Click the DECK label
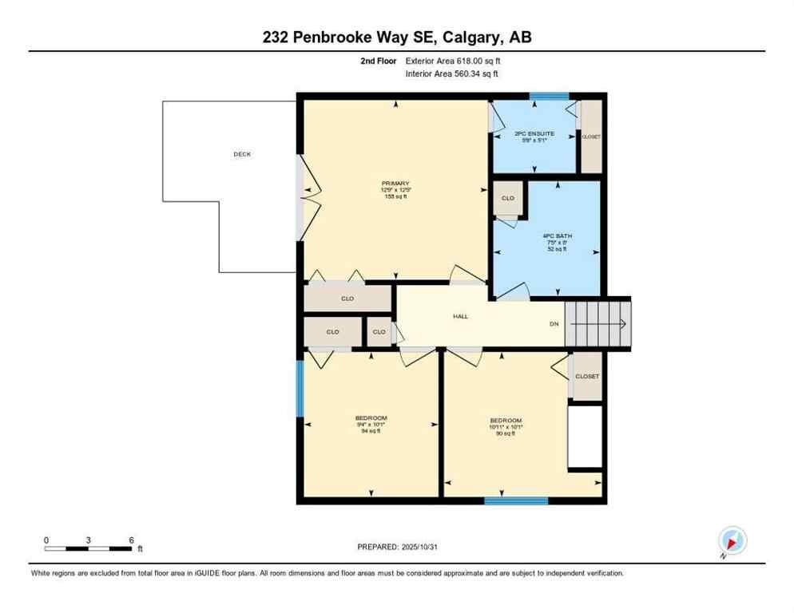pyautogui.click(x=242, y=154)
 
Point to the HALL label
pyautogui.click(x=461, y=316)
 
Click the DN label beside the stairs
pyautogui.click(x=554, y=324)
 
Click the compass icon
pyautogui.click(x=732, y=540)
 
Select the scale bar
pyautogui.click(x=89, y=548)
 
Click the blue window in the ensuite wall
pyautogui.click(x=549, y=97)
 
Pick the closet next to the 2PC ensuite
pyautogui.click(x=591, y=136)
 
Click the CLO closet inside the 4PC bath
pyautogui.click(x=508, y=199)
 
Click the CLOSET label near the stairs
pyautogui.click(x=587, y=376)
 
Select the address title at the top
pyautogui.click(x=397, y=38)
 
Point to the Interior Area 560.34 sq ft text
pyautogui.click(x=452, y=74)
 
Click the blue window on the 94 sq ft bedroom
pyautogui.click(x=300, y=389)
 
